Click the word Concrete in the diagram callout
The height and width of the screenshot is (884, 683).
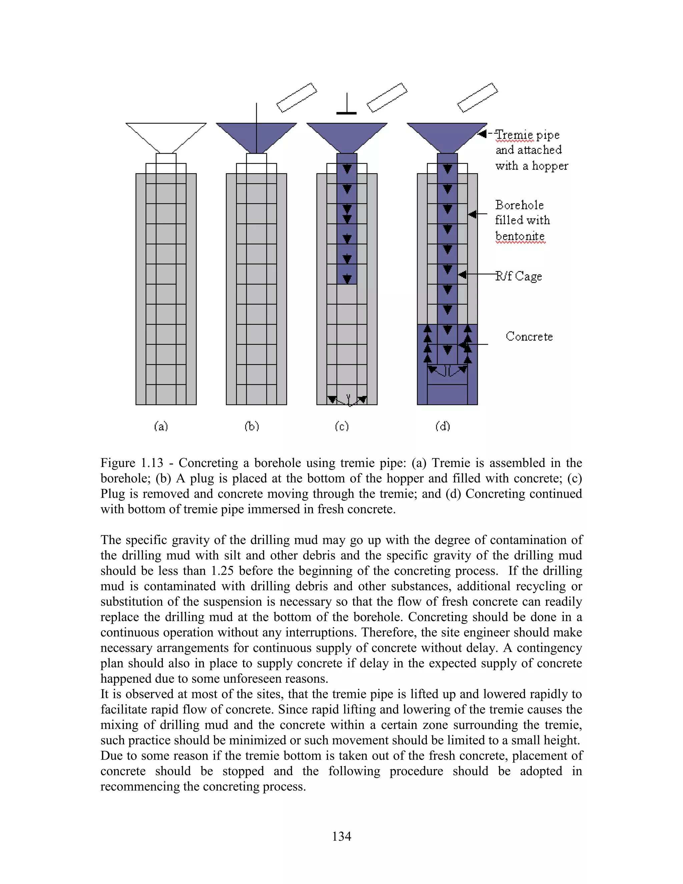pyautogui.click(x=529, y=336)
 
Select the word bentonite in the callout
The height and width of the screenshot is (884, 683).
pyautogui.click(x=520, y=236)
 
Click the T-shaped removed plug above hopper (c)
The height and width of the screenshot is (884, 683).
pyautogui.click(x=347, y=106)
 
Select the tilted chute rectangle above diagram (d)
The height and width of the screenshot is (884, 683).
pyautogui.click(x=478, y=97)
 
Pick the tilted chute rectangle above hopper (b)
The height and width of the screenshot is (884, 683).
pyautogui.click(x=296, y=97)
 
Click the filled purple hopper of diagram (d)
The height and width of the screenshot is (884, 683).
pyautogui.click(x=447, y=135)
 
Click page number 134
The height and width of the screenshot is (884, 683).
pyautogui.click(x=341, y=836)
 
